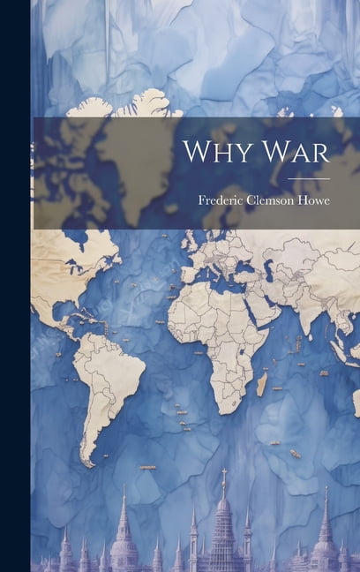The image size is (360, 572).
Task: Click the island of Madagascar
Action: [x=261, y=383]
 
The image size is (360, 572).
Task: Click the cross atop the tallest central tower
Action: [x=224, y=473]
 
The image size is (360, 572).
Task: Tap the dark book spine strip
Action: [x=15, y=286]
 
